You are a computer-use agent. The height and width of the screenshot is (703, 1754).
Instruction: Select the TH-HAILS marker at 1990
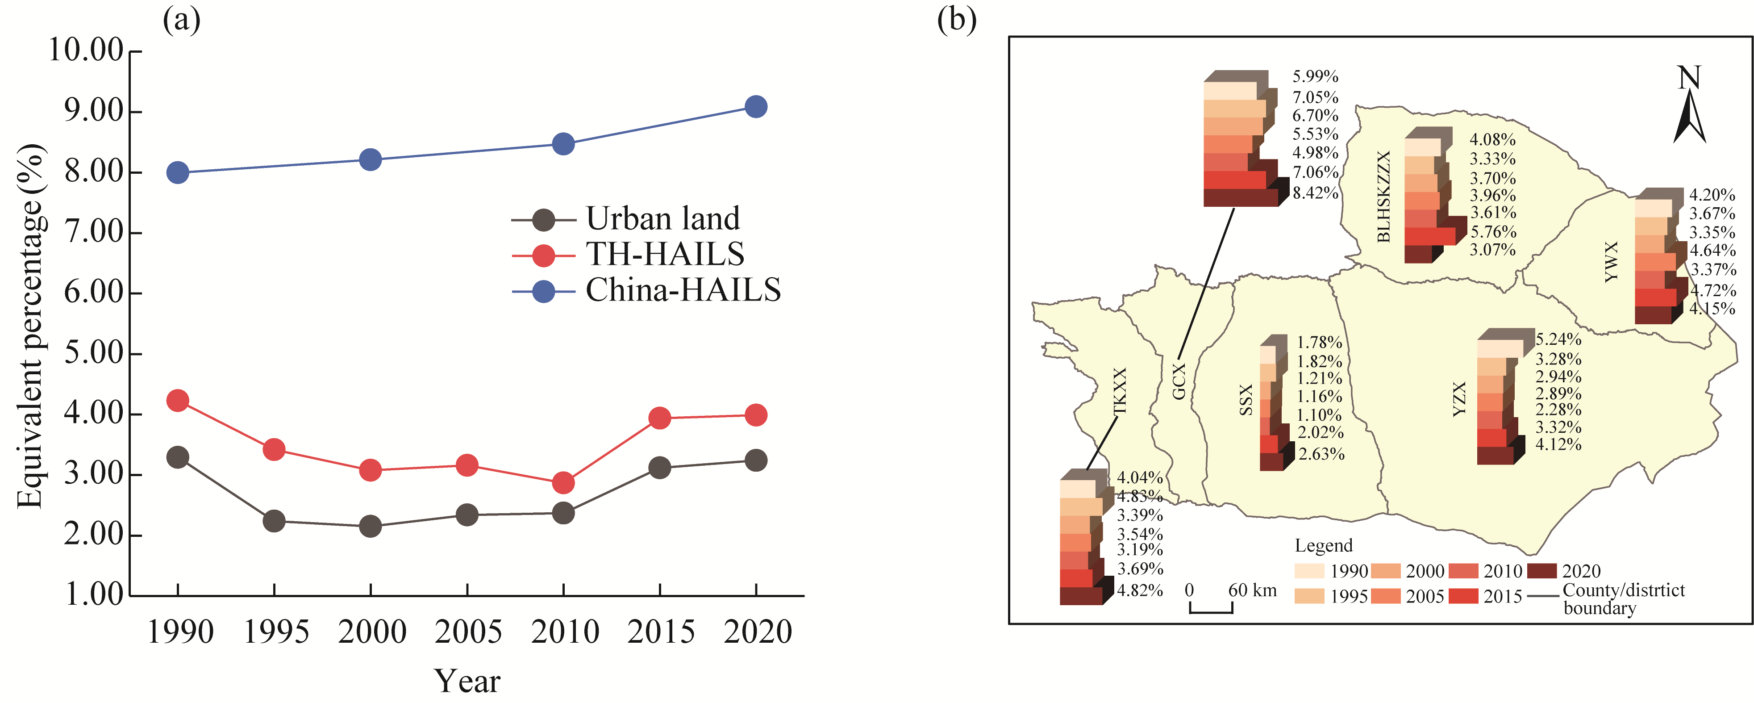pyautogui.click(x=178, y=401)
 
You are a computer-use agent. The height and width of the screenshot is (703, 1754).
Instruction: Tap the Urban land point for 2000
pyautogui.click(x=371, y=526)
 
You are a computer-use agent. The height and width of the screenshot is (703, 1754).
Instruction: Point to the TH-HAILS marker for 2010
pyautogui.click(x=563, y=483)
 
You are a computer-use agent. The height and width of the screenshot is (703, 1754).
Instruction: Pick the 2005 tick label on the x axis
pyautogui.click(x=468, y=632)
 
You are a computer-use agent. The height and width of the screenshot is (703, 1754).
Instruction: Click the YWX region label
pyautogui.click(x=1611, y=262)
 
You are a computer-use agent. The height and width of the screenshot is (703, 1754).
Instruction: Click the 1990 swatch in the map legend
pyautogui.click(x=1309, y=571)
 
